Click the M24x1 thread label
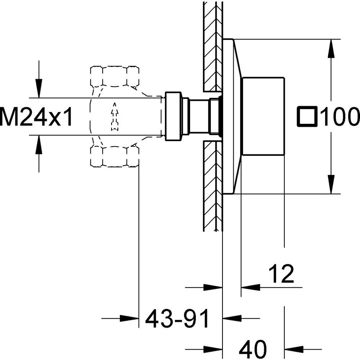click(x=37, y=117)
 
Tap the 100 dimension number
click(x=339, y=117)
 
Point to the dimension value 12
click(x=281, y=274)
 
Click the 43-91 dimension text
click(x=177, y=319)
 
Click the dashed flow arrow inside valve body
click(x=114, y=116)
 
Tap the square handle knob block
click(x=263, y=117)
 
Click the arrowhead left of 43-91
click(x=130, y=318)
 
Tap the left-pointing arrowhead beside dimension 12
click(x=251, y=287)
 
